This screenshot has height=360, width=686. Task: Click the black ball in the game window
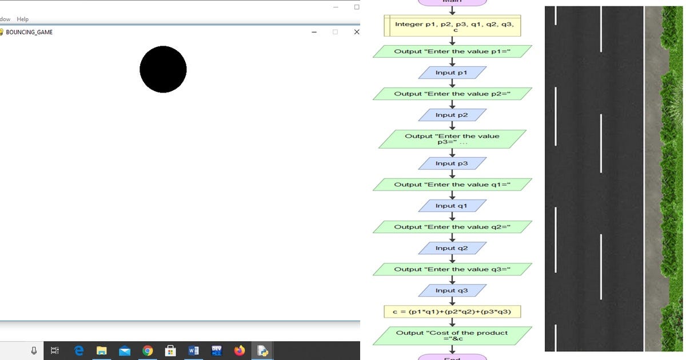point(163,69)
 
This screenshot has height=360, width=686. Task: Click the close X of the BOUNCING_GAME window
point(357,32)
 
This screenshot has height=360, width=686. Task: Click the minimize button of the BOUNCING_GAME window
point(314,32)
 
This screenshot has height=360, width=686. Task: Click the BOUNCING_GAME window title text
point(29,32)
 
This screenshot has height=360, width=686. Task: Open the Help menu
point(23,19)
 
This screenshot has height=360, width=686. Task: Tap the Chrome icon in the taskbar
point(147,350)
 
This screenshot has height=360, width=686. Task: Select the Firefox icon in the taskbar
point(240,350)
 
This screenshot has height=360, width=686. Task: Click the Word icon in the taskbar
point(193,350)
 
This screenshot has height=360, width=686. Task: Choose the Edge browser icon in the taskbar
point(79,350)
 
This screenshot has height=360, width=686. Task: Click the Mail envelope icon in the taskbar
point(125,350)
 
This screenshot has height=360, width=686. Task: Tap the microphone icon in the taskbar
point(34,350)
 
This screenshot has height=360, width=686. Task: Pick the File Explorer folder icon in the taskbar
point(102,350)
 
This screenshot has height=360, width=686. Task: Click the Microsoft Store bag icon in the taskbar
point(170,350)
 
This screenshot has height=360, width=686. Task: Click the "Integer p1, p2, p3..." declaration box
point(452,26)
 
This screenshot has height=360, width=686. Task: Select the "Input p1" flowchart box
point(452,73)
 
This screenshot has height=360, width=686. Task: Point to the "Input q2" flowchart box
point(452,248)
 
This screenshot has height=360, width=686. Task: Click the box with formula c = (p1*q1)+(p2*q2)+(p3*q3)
point(452,311)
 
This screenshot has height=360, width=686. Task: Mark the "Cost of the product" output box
point(452,335)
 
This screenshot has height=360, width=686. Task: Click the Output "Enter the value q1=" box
point(452,185)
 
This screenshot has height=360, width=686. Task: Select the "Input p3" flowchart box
point(452,163)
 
